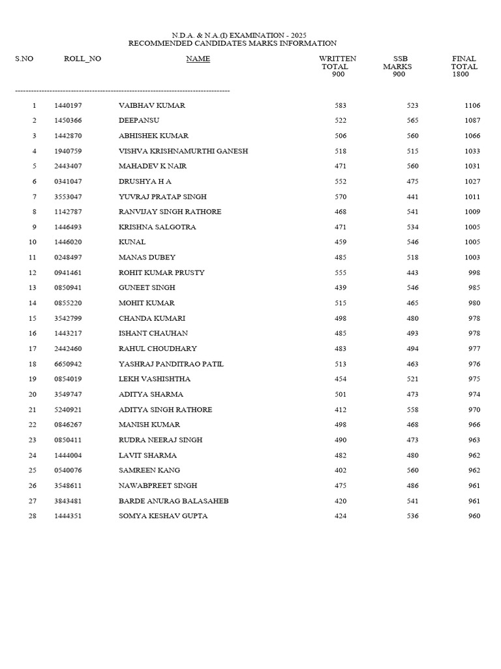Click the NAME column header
198,59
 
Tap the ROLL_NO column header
82,59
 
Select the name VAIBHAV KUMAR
151,105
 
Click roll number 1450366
68,120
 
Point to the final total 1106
472,105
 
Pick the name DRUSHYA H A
145,181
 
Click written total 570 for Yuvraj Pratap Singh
340,197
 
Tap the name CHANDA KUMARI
152,318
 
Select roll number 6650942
68,364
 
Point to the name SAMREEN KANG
149,470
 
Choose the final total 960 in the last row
474,516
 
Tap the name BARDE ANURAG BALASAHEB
174,501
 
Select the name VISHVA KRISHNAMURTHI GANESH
183,151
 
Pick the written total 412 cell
340,410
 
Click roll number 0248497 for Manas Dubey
68,257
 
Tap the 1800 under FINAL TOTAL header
461,74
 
